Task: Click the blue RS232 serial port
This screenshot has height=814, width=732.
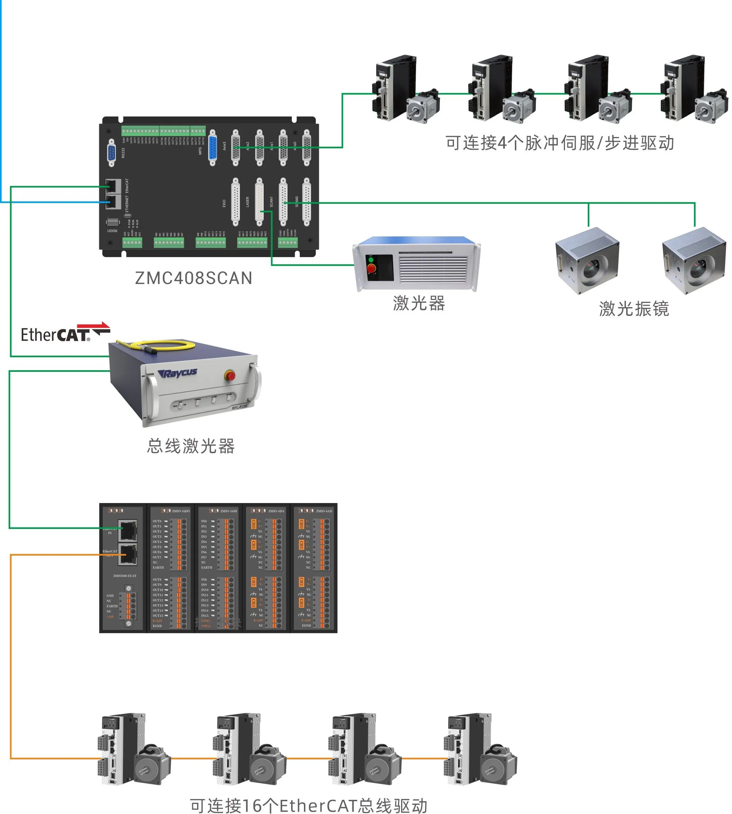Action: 112,153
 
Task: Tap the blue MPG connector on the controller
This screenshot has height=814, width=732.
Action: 213,148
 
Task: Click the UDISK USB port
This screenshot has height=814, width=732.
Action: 113,222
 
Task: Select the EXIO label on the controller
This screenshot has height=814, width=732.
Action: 224,203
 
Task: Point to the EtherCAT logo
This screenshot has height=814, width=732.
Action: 64,333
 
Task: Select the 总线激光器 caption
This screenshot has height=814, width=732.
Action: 191,446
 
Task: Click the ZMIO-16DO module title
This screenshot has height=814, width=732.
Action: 180,511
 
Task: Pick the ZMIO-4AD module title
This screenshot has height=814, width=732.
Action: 324,511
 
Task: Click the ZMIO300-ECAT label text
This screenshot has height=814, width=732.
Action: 125,576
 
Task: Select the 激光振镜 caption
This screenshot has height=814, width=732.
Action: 634,309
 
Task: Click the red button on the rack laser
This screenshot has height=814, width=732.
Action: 371,268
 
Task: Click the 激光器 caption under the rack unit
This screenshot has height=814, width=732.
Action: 419,303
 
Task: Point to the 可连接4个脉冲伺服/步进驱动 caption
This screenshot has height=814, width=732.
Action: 559,143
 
